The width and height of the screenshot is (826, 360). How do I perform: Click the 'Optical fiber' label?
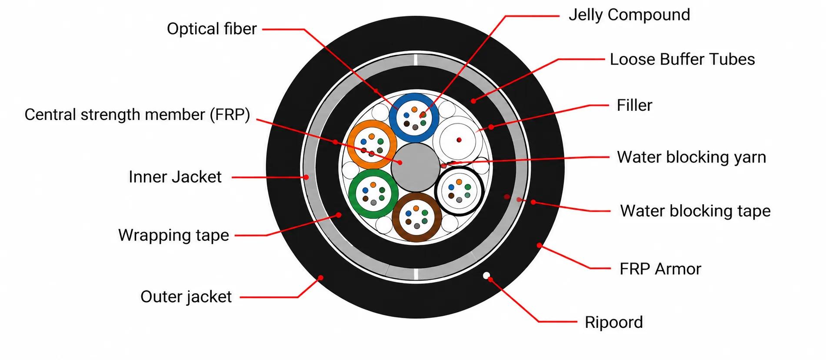click(212, 29)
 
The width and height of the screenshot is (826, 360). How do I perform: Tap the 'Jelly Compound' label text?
click(629, 15)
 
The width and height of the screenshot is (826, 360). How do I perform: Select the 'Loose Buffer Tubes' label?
click(682, 59)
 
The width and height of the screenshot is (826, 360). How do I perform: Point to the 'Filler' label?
click(634, 105)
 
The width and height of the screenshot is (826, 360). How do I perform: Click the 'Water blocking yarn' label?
click(691, 157)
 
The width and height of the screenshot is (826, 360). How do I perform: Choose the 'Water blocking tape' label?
click(695, 211)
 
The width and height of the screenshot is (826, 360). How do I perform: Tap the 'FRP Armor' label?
click(660, 269)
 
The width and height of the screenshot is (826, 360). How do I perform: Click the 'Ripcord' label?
click(613, 322)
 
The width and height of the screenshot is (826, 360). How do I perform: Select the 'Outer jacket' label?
click(186, 297)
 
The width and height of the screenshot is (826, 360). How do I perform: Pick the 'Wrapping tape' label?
click(173, 235)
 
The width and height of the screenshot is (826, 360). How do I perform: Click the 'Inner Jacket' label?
click(175, 177)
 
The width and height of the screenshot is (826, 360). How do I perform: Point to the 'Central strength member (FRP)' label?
click(137, 115)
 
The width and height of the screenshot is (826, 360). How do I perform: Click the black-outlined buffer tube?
click(436, 191)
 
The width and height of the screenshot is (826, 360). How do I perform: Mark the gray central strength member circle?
click(416, 167)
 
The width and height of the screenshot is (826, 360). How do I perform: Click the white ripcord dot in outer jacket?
click(486, 275)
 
